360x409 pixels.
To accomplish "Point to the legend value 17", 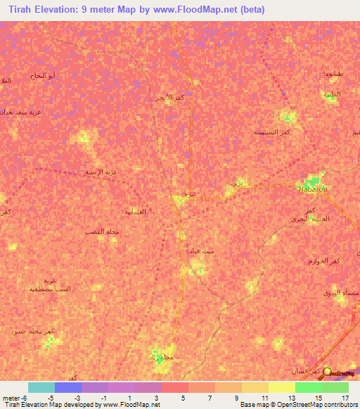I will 345,397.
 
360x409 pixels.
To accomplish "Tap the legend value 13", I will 291,397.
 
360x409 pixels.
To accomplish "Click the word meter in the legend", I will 10,397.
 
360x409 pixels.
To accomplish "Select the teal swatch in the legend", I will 41,387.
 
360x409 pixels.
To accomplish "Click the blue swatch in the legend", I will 68,387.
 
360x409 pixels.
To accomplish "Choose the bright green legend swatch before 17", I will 308,387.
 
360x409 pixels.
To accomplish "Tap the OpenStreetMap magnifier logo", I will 327,371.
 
